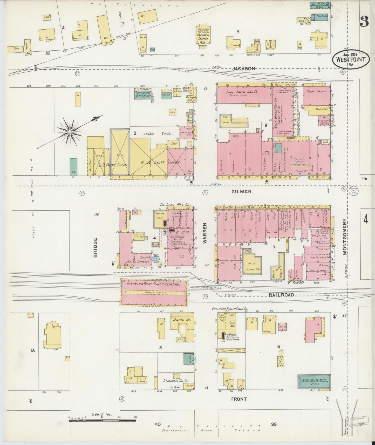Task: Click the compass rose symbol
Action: click(70, 132)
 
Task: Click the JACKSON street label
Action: click(243, 69)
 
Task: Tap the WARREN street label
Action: click(205, 233)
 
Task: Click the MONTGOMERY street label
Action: click(345, 237)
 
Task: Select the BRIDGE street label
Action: click(96, 247)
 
